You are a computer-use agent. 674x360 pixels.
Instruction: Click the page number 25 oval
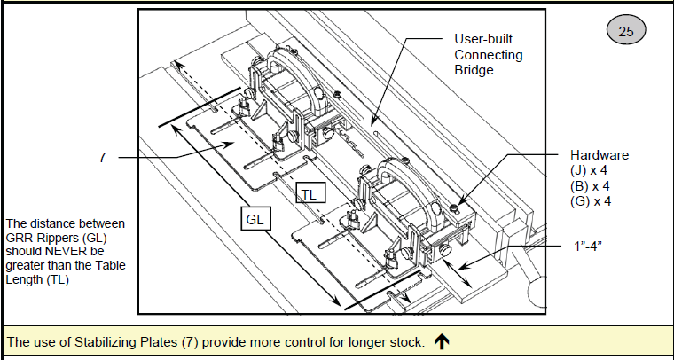tap(625, 32)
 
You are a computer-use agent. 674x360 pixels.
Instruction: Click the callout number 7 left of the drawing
tap(103, 157)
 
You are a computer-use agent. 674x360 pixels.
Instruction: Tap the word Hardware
tap(600, 154)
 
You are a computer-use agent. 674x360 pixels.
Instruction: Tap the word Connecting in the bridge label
tap(488, 55)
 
